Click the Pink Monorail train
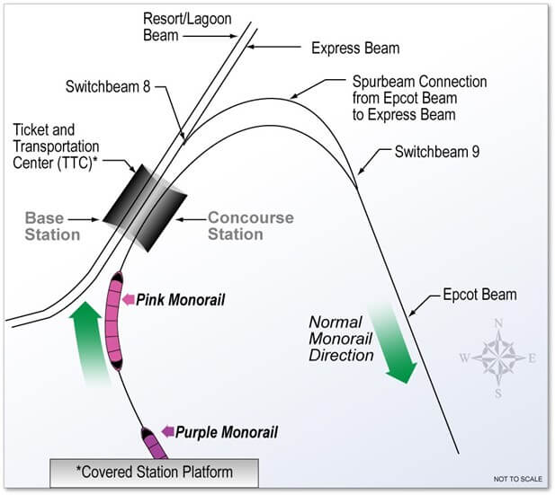click(x=114, y=321)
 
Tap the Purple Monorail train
click(x=155, y=444)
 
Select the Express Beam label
click(x=355, y=49)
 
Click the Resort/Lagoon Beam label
click(x=187, y=27)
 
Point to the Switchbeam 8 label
click(x=108, y=86)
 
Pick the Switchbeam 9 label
click(x=437, y=152)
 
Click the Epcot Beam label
click(x=479, y=295)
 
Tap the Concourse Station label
click(x=251, y=225)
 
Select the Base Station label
click(x=52, y=226)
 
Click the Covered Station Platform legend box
click(x=155, y=473)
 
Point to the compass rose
click(x=498, y=358)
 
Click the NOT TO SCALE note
click(x=518, y=479)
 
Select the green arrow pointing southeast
click(x=393, y=342)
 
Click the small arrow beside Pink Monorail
click(x=128, y=299)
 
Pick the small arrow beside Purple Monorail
click(x=168, y=431)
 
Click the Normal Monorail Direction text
click(x=341, y=339)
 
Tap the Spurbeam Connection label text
click(x=419, y=98)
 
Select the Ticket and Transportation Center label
click(x=56, y=146)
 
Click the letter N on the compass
click(x=498, y=323)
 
